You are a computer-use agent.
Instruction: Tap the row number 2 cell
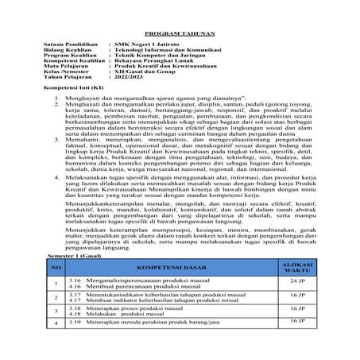click(x=56, y=298)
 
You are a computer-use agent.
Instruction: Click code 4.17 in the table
click(x=76, y=300)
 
